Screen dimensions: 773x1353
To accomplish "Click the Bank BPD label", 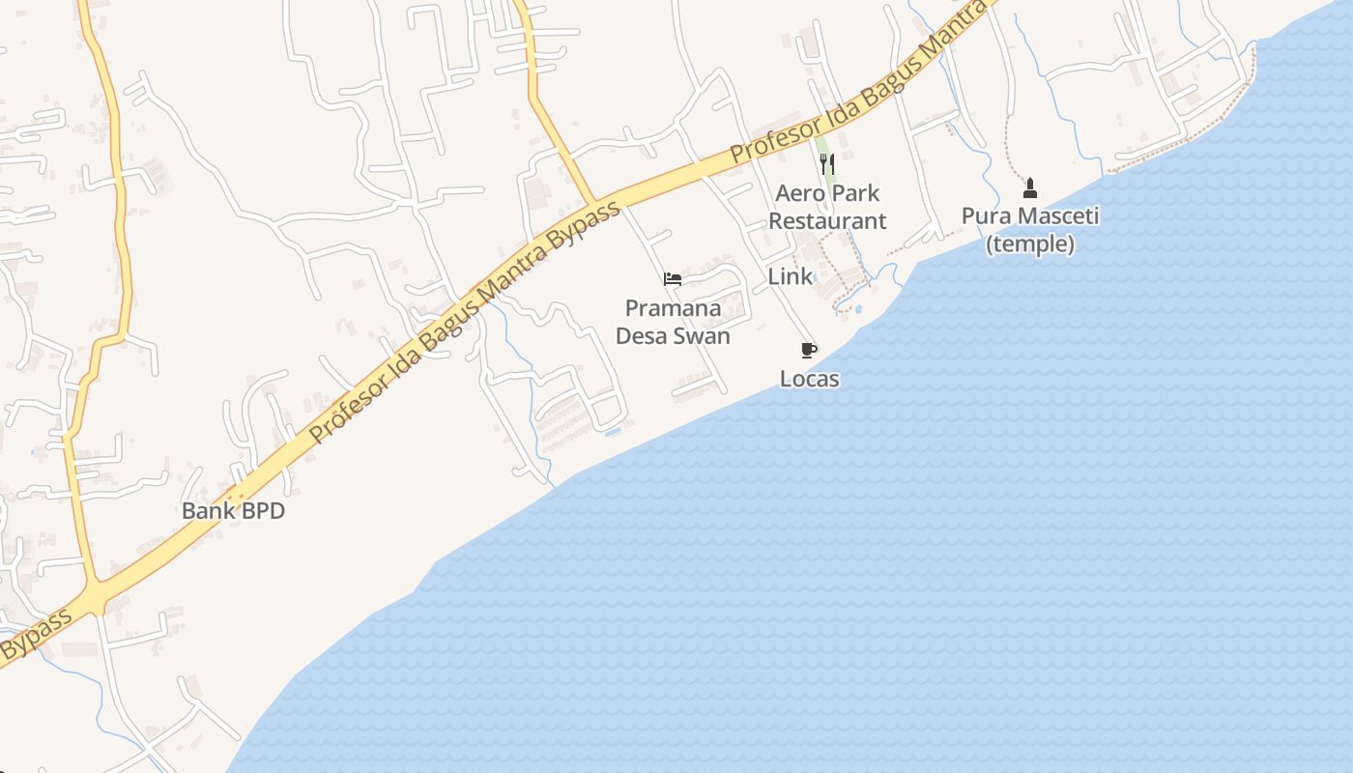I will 233,511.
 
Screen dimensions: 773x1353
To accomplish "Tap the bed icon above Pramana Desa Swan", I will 673,279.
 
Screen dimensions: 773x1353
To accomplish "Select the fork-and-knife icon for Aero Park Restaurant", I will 826,164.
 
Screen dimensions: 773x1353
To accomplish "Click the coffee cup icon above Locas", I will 809,350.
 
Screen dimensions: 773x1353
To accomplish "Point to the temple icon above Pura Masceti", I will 1029,187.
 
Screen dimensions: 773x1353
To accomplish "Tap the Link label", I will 790,276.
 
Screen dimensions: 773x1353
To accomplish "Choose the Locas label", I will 809,379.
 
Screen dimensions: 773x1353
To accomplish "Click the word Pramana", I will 673,308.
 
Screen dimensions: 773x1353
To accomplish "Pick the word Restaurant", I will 827,221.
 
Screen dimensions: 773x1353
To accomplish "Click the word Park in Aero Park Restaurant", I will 855,193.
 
